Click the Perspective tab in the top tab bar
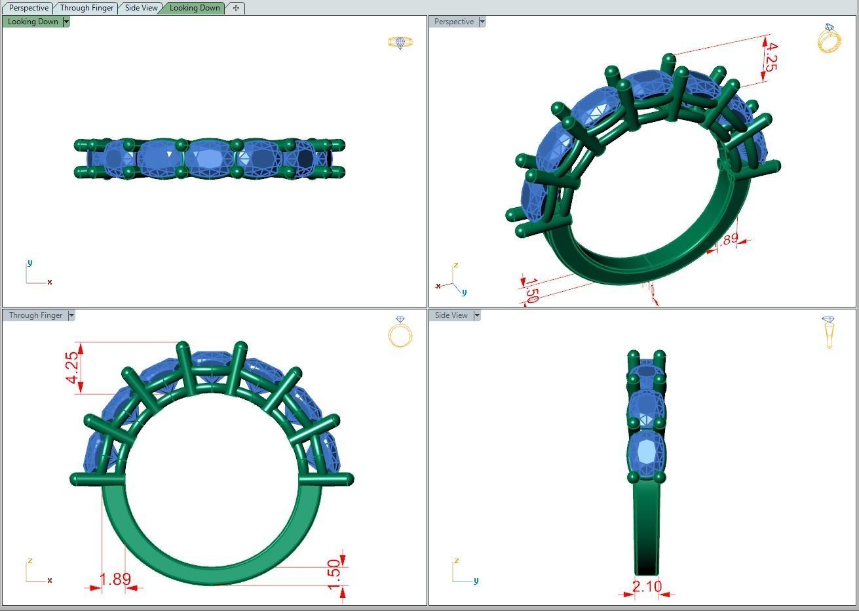[x=28, y=8]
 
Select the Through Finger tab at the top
[x=86, y=8]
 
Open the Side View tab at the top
[x=141, y=8]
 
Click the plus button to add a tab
[x=236, y=8]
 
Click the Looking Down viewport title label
[x=33, y=22]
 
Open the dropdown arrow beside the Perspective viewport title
[x=482, y=22]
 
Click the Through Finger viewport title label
[x=35, y=315]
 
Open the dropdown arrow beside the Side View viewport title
[x=477, y=315]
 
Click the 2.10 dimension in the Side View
[x=647, y=586]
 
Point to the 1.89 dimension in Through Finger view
[x=115, y=580]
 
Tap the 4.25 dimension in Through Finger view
[x=73, y=368]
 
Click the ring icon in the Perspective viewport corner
[x=829, y=39]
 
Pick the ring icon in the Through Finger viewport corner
[x=400, y=332]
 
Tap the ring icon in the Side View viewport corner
[x=829, y=332]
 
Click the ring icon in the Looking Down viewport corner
[x=400, y=43]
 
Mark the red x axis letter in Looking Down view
[x=50, y=282]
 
